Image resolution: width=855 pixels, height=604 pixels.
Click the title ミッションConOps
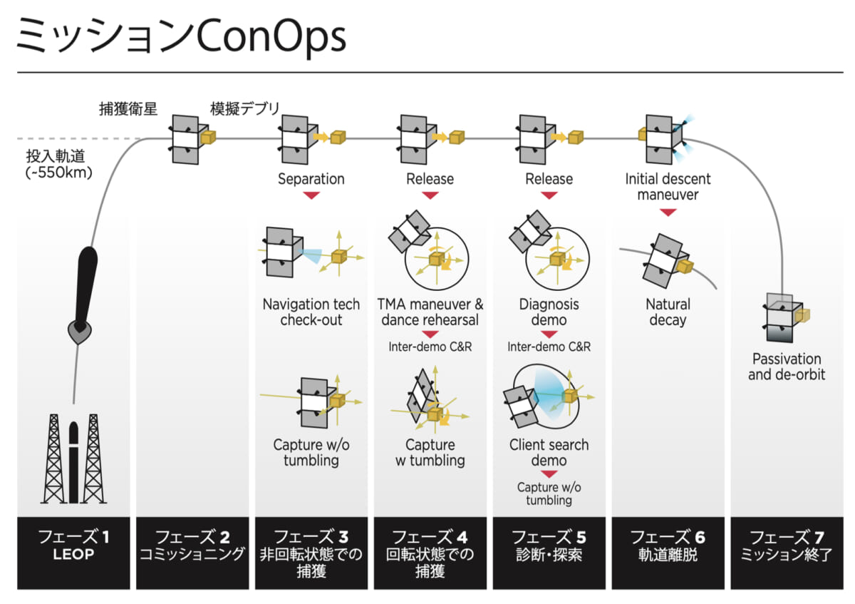click(181, 37)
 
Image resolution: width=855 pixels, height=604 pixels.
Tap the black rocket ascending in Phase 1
click(83, 292)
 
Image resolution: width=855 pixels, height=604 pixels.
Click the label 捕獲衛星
click(128, 109)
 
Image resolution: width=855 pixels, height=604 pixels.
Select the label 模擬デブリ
click(244, 109)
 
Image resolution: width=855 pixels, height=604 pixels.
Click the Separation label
click(311, 179)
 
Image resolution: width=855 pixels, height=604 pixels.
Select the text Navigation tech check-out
click(311, 312)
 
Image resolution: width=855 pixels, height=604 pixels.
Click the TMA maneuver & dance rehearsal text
click(430, 312)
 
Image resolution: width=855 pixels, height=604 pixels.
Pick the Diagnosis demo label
click(549, 312)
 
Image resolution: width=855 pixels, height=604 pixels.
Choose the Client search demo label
click(549, 452)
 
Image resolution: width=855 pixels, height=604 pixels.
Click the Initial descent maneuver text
click(668, 187)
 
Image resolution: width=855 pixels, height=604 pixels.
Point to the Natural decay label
click(668, 312)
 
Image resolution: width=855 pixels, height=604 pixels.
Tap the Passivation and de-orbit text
click(787, 366)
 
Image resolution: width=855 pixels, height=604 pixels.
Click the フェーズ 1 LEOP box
click(74, 553)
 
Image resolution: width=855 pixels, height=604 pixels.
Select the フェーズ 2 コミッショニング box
click(192, 553)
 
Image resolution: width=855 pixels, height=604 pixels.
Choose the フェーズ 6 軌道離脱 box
click(668, 553)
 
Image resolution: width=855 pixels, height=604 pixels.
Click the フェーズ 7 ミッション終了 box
click(787, 553)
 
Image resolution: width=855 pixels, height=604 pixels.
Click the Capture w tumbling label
click(430, 452)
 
